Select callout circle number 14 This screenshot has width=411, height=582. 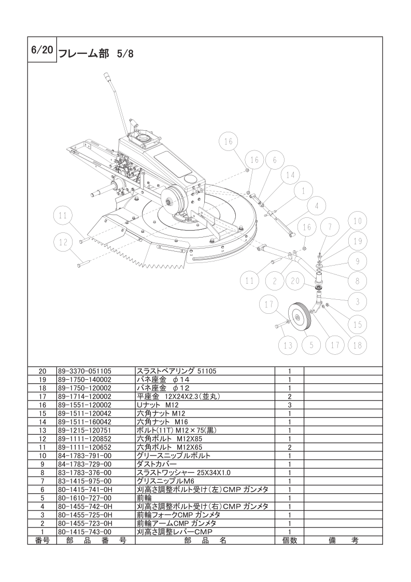click(290, 176)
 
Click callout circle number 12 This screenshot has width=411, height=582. click(63, 242)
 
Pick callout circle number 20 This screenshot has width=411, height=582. click(295, 281)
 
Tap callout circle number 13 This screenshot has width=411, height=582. click(288, 344)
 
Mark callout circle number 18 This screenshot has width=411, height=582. click(357, 344)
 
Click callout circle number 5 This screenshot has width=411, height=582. click(310, 344)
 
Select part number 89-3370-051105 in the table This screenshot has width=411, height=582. click(84, 371)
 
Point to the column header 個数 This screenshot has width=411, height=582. click(289, 540)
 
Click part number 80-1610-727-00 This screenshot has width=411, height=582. click(84, 497)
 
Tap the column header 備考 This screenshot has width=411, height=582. click(343, 540)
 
